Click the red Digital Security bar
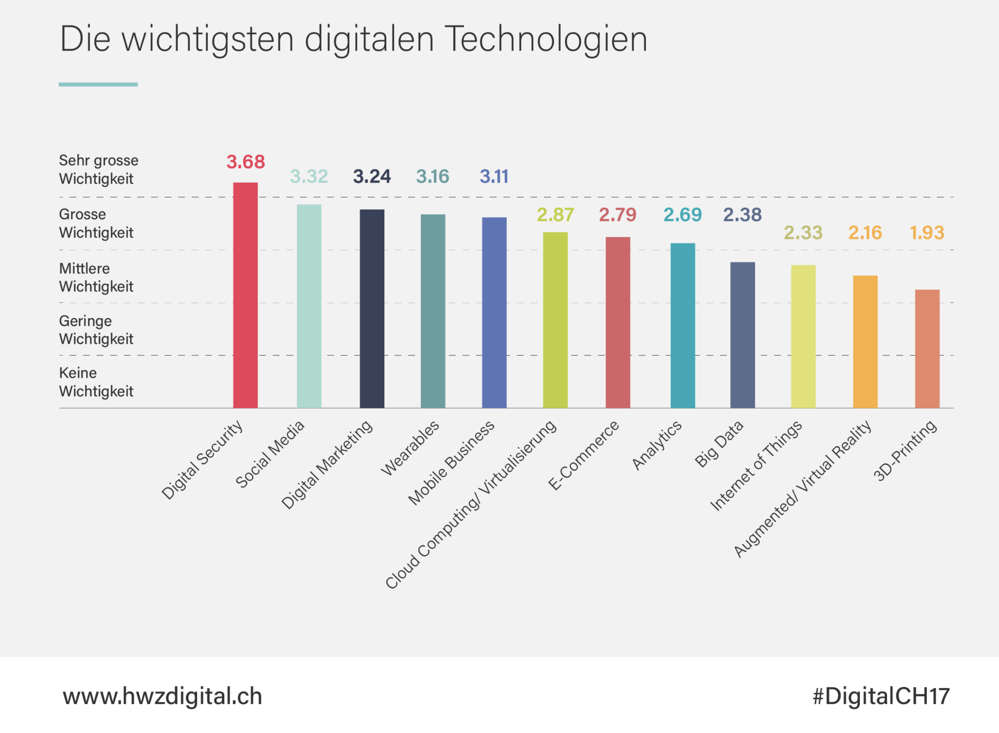pyautogui.click(x=245, y=295)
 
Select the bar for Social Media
pyautogui.click(x=309, y=306)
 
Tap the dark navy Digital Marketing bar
pyautogui.click(x=372, y=308)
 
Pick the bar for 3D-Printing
pyautogui.click(x=927, y=349)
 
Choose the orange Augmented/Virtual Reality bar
pyautogui.click(x=865, y=342)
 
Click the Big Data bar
pyautogui.click(x=742, y=335)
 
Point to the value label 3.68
pyautogui.click(x=245, y=162)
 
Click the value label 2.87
pyautogui.click(x=555, y=215)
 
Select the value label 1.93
pyautogui.click(x=927, y=233)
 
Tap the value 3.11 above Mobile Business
pyautogui.click(x=494, y=176)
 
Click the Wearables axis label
pyautogui.click(x=410, y=448)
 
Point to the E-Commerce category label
pyautogui.click(x=583, y=455)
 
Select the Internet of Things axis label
pyautogui.click(x=756, y=465)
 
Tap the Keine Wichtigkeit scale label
pyautogui.click(x=96, y=382)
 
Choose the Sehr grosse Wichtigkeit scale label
pyautogui.click(x=98, y=169)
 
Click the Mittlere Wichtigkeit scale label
pyautogui.click(x=96, y=277)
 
